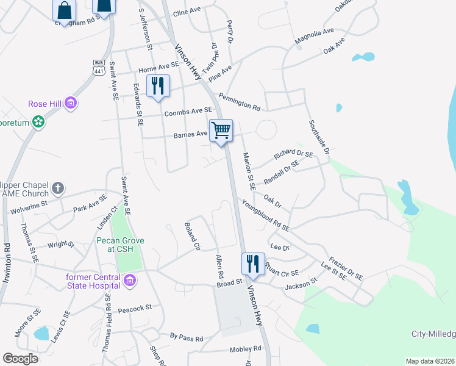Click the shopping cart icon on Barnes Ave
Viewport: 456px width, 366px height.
coord(221,129)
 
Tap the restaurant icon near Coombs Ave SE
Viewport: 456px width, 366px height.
coord(158,85)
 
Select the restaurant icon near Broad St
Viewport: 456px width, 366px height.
coord(253,264)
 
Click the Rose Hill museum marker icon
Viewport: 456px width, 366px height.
coord(71,104)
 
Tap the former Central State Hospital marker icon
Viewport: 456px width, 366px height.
coord(129,281)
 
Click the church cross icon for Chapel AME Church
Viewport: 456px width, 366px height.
coord(57,188)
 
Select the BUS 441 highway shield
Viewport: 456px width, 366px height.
coord(98,67)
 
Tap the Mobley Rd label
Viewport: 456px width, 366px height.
coord(245,349)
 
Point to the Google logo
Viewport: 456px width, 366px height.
coord(20,359)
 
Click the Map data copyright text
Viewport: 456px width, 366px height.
coord(430,361)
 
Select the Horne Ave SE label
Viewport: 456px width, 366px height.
coord(159,66)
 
